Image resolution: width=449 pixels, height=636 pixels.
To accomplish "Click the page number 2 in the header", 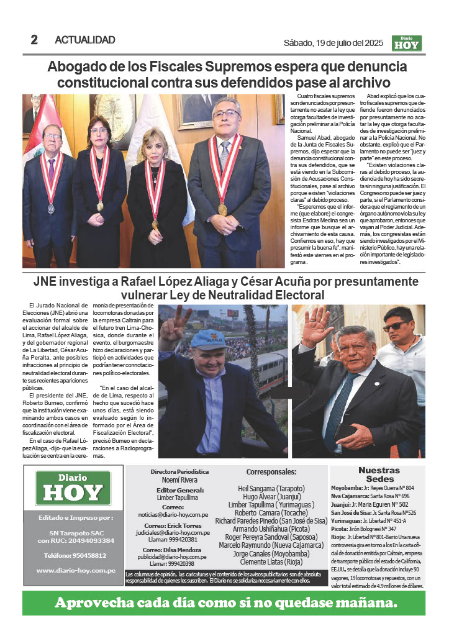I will pyautogui.click(x=34, y=40).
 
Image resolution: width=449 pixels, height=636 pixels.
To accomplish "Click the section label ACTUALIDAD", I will pyautogui.click(x=85, y=40).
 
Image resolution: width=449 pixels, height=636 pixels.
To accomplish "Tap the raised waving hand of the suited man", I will pyautogui.click(x=316, y=325).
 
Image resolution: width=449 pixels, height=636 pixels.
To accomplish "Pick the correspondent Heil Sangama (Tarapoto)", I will pyautogui.click(x=271, y=488).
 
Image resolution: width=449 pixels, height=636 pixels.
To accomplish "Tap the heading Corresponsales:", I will pyautogui.click(x=271, y=472).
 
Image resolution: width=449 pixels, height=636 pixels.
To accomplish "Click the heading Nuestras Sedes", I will pyautogui.click(x=379, y=475).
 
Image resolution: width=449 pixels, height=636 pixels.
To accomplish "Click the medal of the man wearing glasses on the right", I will pyautogui.click(x=222, y=209).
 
